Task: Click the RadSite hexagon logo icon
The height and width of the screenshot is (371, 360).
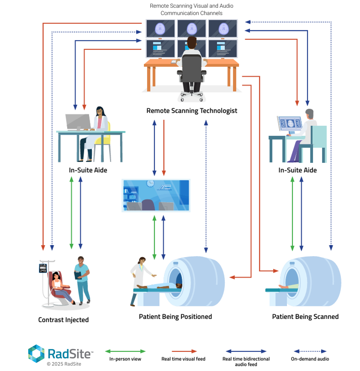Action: coord(36,353)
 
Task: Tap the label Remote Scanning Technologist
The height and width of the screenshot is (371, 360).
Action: coord(192,111)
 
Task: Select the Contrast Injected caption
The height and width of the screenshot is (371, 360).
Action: coord(63,320)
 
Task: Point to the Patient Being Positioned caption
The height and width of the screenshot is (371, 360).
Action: coord(175,317)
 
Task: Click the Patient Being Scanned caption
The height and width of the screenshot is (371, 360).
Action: coord(305,317)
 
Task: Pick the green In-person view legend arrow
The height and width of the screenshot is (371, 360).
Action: coord(125,351)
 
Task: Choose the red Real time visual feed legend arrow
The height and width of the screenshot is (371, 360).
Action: coord(184,351)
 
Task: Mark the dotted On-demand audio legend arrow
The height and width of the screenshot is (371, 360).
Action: coord(310,351)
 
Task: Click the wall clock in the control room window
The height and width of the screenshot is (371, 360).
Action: coord(150,183)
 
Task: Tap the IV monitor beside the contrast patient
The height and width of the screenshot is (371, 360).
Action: coord(43,268)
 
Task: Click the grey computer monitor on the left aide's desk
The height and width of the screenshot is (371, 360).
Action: coord(78,122)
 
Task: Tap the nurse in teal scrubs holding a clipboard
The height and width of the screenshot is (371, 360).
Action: coord(82,278)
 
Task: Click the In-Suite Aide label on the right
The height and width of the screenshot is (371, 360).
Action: coord(297,170)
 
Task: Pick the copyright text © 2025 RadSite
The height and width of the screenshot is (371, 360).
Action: coord(64,364)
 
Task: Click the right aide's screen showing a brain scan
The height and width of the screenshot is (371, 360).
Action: coord(290,123)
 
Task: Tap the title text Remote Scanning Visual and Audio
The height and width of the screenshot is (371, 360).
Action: coord(192,6)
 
